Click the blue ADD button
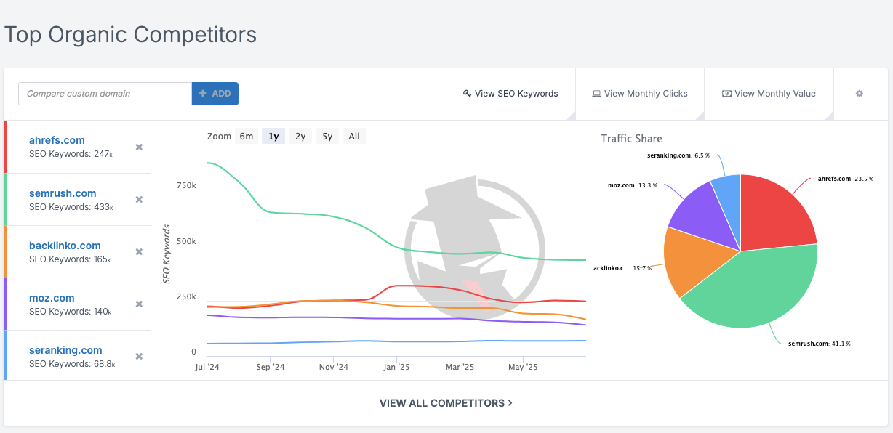[x=215, y=94]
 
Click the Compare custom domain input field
[x=105, y=94]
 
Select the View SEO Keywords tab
[x=510, y=94]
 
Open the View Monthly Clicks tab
[x=640, y=94]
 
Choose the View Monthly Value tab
[x=769, y=94]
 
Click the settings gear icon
[x=860, y=94]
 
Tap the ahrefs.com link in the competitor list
[x=57, y=140]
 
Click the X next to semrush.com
[x=139, y=200]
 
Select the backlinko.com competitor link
[x=65, y=246]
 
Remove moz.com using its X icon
[x=139, y=304]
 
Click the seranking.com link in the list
[x=65, y=350]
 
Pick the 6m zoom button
[x=247, y=136]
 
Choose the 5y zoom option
[x=327, y=136]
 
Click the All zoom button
[x=354, y=136]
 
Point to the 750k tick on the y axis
[x=187, y=186]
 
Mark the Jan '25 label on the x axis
[x=396, y=368]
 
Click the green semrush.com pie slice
[x=749, y=291]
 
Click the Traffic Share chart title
[x=631, y=138]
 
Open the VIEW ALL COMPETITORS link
[x=446, y=403]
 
